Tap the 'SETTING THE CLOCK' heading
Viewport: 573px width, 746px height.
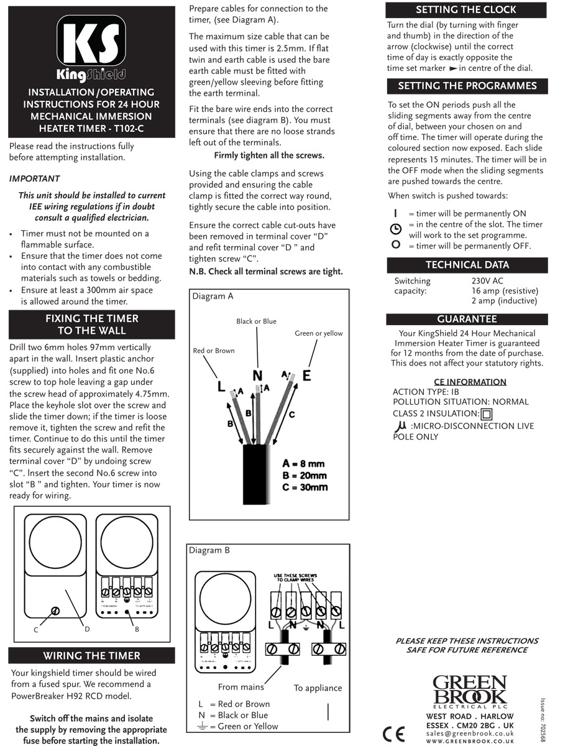[x=465, y=10]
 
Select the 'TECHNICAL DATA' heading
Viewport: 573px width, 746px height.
[x=467, y=265]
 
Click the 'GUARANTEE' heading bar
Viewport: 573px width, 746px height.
[x=466, y=319]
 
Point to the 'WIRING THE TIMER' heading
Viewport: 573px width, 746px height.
[x=91, y=655]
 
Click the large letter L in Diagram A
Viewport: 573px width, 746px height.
[x=221, y=386]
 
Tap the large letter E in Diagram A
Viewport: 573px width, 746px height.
[x=306, y=375]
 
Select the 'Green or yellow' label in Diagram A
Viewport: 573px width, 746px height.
[x=318, y=334]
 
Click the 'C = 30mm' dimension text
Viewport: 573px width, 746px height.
[x=305, y=487]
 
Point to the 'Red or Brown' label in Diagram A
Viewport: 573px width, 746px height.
[x=214, y=351]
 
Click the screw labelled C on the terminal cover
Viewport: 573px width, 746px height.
[x=56, y=611]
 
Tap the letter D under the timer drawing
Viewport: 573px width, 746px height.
[x=87, y=629]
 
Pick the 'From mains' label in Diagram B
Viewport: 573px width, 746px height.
[x=241, y=687]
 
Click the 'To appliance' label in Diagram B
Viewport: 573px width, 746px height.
[x=318, y=688]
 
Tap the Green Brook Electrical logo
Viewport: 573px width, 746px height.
[x=469, y=691]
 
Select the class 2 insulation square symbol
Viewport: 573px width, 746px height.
[x=487, y=414]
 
